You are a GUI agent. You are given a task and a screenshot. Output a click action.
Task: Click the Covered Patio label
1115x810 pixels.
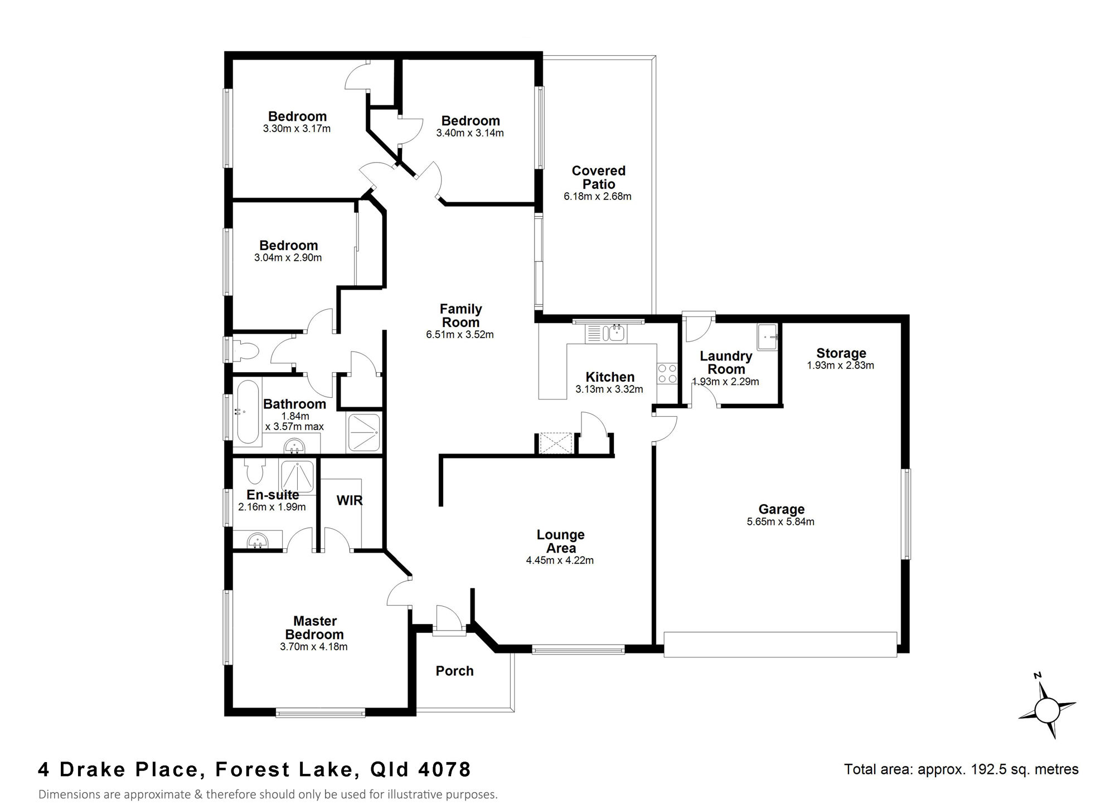[599, 177]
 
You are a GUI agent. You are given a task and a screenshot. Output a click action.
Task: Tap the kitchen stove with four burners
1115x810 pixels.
[667, 373]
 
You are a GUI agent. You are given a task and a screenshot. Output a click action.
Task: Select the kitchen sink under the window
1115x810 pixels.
[606, 334]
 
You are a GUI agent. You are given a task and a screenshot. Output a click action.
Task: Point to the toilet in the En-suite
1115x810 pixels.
[255, 471]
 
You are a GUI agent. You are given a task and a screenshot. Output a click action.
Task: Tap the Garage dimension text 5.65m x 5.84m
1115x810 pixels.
[780, 522]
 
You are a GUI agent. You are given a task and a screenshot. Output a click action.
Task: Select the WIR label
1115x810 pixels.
[350, 500]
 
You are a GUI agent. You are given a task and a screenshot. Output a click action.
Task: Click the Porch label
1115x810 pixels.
[454, 671]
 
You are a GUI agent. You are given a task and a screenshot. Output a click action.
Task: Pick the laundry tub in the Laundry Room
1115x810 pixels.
[768, 338]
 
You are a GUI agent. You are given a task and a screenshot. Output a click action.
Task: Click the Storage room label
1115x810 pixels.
[841, 353]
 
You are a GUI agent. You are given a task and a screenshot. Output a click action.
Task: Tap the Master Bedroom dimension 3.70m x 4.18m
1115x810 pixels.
[314, 647]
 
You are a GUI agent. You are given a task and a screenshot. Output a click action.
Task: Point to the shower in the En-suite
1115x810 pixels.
[297, 478]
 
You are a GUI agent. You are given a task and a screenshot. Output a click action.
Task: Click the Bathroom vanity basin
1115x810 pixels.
[294, 446]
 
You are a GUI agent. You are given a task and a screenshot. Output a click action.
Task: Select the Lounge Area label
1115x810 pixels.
[560, 541]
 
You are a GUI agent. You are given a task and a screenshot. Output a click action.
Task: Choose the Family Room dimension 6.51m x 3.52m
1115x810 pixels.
[460, 335]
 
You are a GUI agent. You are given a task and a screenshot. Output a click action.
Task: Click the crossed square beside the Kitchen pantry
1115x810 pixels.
[556, 443]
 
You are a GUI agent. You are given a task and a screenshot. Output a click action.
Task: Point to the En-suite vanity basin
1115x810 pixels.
[257, 540]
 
